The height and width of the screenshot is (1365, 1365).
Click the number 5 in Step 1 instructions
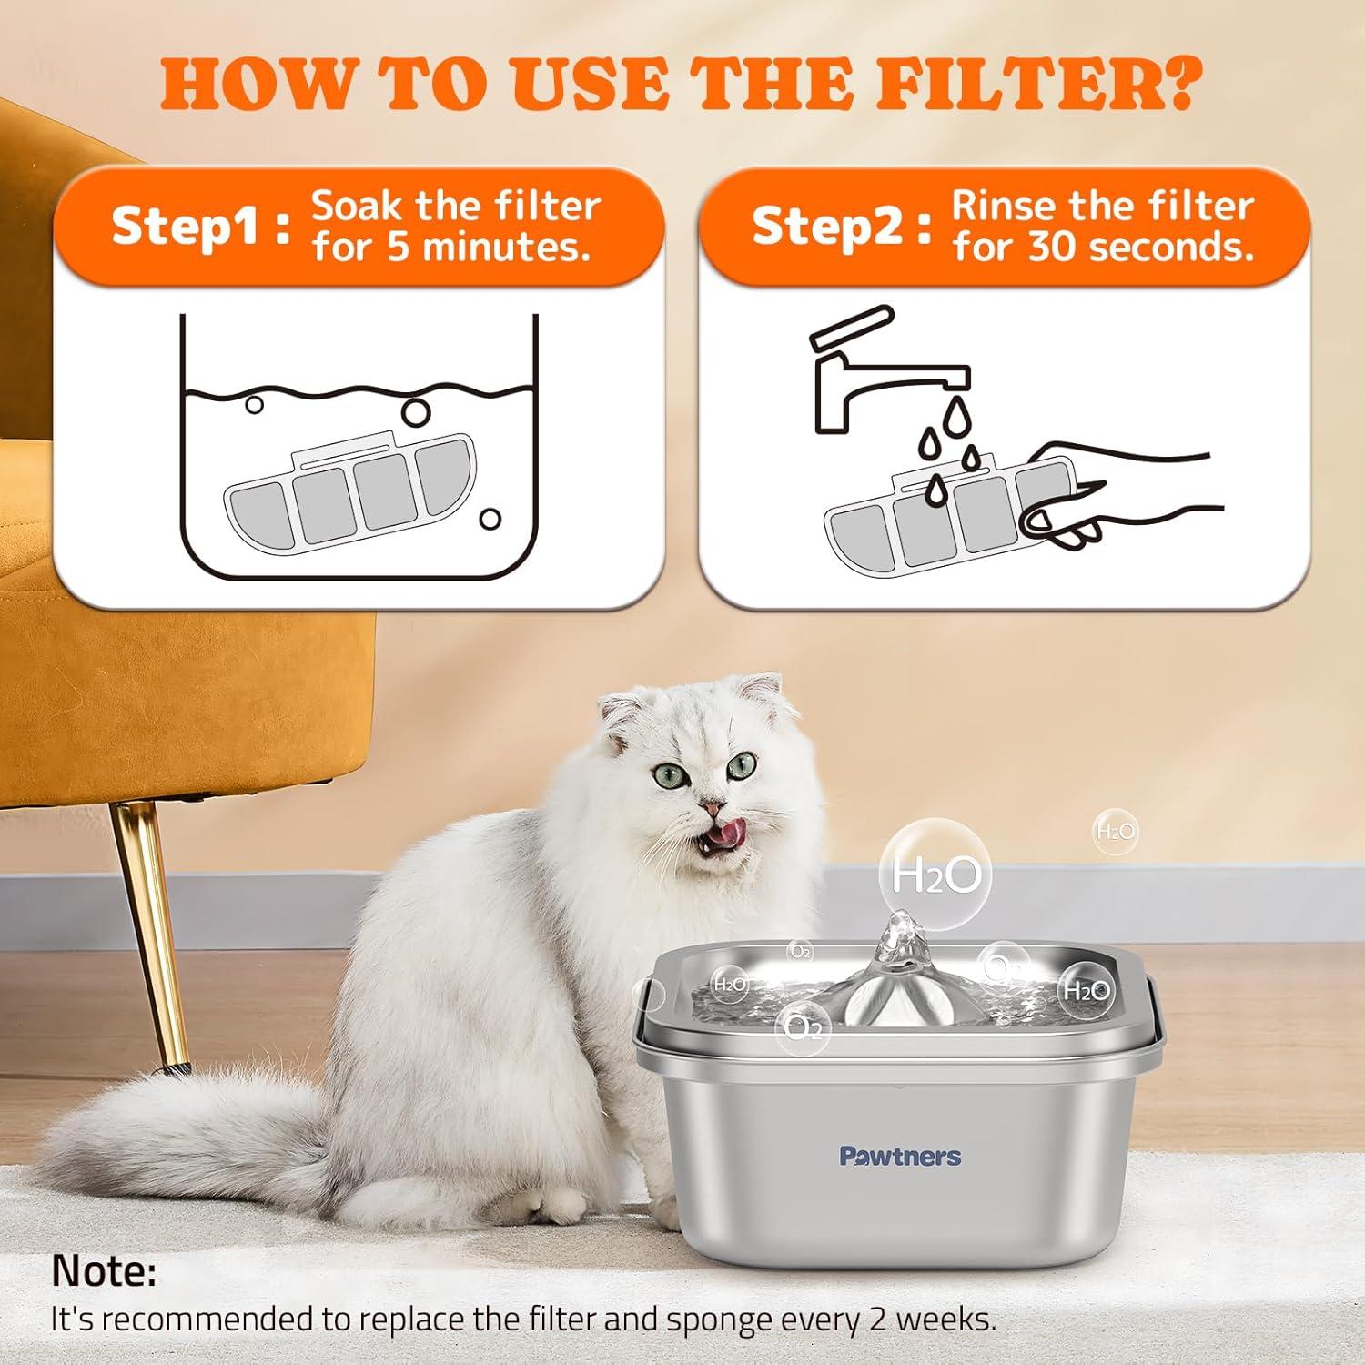(398, 248)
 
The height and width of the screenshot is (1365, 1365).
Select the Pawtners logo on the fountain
(899, 1157)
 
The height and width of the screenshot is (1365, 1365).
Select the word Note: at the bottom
(104, 1271)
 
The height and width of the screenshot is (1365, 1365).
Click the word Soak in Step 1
(357, 207)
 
